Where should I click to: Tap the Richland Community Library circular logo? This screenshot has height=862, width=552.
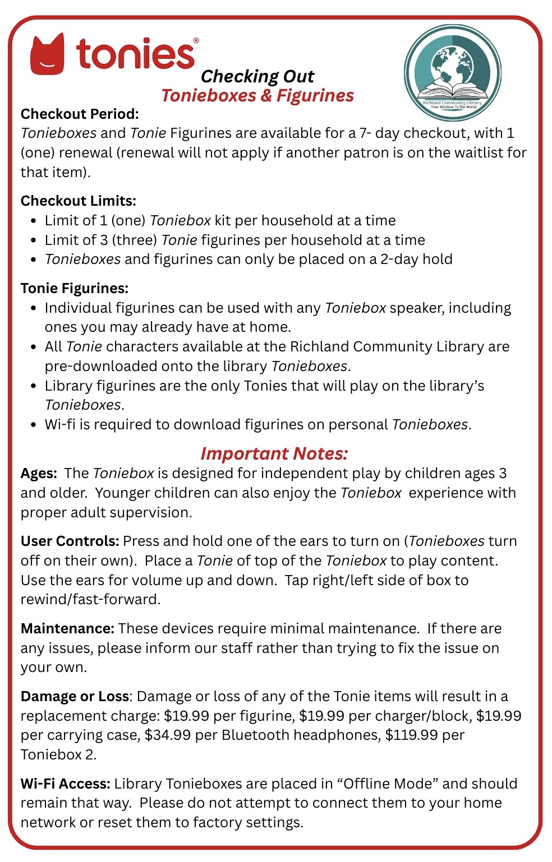pyautogui.click(x=452, y=72)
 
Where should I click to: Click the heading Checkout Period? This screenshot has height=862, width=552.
pyautogui.click(x=80, y=114)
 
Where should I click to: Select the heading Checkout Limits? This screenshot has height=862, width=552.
pyautogui.click(x=79, y=201)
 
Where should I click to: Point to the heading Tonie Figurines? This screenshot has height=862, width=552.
pyautogui.click(x=75, y=288)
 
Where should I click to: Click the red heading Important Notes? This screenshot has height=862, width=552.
pyautogui.click(x=274, y=453)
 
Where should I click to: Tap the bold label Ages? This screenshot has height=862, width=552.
pyautogui.click(x=39, y=473)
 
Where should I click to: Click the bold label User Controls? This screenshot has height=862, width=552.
pyautogui.click(x=70, y=541)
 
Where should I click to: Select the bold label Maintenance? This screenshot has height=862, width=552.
pyautogui.click(x=67, y=628)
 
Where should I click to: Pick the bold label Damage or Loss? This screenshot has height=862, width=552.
pyautogui.click(x=75, y=696)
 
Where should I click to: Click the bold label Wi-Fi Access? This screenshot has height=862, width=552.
pyautogui.click(x=65, y=784)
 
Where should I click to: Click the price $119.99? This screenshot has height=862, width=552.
pyautogui.click(x=412, y=735)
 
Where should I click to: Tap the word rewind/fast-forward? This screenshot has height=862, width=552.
pyautogui.click(x=90, y=599)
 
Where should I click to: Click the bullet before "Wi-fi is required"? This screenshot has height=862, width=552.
pyautogui.click(x=34, y=425)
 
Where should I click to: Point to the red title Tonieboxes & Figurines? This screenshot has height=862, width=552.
pyautogui.click(x=257, y=95)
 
